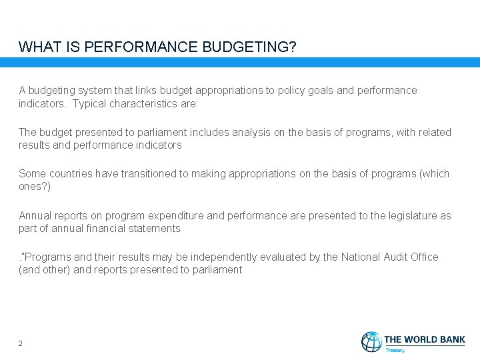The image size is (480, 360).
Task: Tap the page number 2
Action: [21, 343]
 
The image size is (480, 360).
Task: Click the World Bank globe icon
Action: [371, 341]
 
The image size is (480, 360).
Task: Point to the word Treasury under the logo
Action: [395, 349]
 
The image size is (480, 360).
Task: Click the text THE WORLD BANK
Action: [425, 339]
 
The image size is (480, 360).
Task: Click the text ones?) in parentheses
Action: [35, 187]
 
